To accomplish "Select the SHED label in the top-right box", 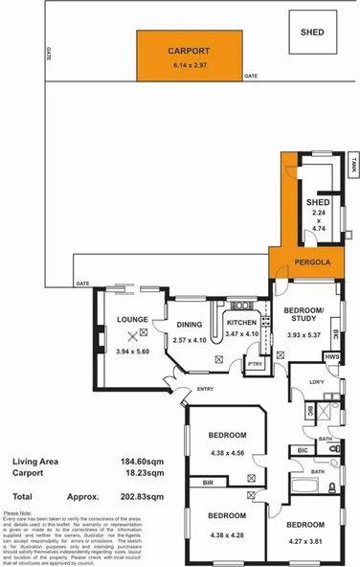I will point(312,33).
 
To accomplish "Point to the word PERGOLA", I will point(312,261).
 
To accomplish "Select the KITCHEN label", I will point(241,324).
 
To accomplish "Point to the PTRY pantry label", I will point(255,364).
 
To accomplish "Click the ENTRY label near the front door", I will point(205,388).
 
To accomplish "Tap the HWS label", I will point(332,356).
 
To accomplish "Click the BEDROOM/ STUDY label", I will point(306,315).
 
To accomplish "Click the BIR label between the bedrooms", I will point(208,484).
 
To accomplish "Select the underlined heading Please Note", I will point(17,513).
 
